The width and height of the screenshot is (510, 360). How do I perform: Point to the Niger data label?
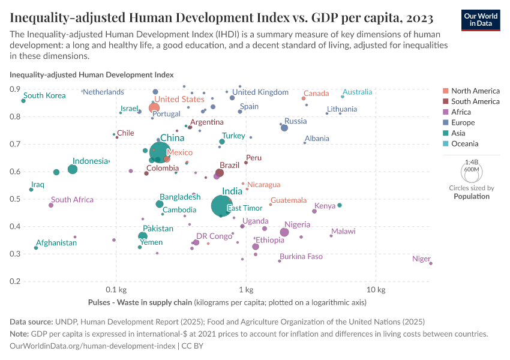click(x=421, y=259)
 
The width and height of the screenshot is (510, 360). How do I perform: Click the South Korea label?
click(x=44, y=95)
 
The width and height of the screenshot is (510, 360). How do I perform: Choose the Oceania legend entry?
click(x=464, y=144)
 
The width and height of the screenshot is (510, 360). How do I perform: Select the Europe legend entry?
click(x=463, y=122)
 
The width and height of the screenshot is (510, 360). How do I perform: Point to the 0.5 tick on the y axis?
click(x=14, y=199)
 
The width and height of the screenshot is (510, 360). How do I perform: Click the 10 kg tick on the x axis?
click(x=376, y=290)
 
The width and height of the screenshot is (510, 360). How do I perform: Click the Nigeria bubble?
click(x=284, y=232)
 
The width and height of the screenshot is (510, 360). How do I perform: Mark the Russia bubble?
click(x=284, y=128)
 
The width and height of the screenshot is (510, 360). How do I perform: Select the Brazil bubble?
click(x=220, y=173)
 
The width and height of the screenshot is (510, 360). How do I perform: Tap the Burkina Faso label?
click(x=301, y=257)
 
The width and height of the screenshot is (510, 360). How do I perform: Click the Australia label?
click(x=357, y=92)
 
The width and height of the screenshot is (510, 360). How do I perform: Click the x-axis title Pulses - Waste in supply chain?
click(x=140, y=302)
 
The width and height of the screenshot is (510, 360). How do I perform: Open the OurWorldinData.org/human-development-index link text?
click(x=93, y=346)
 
